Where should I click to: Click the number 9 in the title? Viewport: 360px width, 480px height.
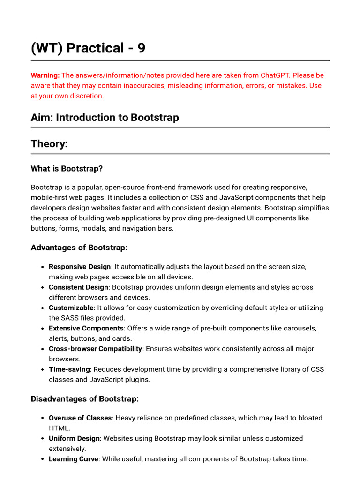tap(141, 48)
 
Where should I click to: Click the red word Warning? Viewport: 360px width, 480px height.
tap(45, 75)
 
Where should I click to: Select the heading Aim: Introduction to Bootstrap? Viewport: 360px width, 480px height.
tap(105, 118)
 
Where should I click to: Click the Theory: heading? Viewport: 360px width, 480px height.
tap(49, 144)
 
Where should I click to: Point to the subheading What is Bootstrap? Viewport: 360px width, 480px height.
tap(67, 168)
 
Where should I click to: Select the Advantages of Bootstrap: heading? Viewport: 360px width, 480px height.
tap(79, 247)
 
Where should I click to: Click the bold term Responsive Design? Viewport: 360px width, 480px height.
tap(80, 267)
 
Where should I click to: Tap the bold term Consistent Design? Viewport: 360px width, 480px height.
tap(78, 287)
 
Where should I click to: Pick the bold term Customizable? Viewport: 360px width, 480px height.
tap(71, 308)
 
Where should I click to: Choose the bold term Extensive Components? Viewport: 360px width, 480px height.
tap(86, 328)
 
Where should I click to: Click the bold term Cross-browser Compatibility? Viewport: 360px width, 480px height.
tap(95, 349)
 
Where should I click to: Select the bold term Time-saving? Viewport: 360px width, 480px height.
tap(69, 369)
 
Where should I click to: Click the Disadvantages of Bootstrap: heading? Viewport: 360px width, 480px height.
tap(84, 399)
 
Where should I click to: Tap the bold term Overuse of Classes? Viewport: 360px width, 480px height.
tap(80, 418)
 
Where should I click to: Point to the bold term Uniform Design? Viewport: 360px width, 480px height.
tap(74, 439)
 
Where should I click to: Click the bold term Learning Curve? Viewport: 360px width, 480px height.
tap(73, 459)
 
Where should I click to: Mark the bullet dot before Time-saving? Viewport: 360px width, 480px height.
tap(43, 370)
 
